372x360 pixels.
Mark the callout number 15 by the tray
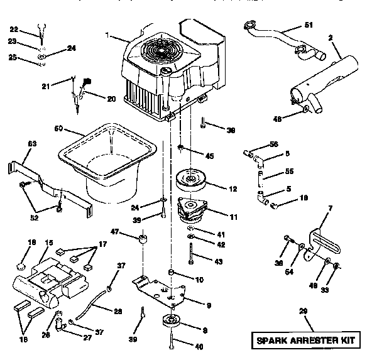(x=48, y=242)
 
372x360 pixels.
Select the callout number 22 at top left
(x=14, y=29)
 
